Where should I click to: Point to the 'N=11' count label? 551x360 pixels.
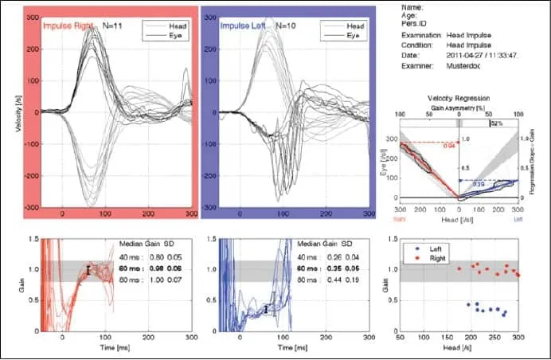113,25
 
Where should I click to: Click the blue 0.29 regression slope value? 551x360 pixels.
479,184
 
